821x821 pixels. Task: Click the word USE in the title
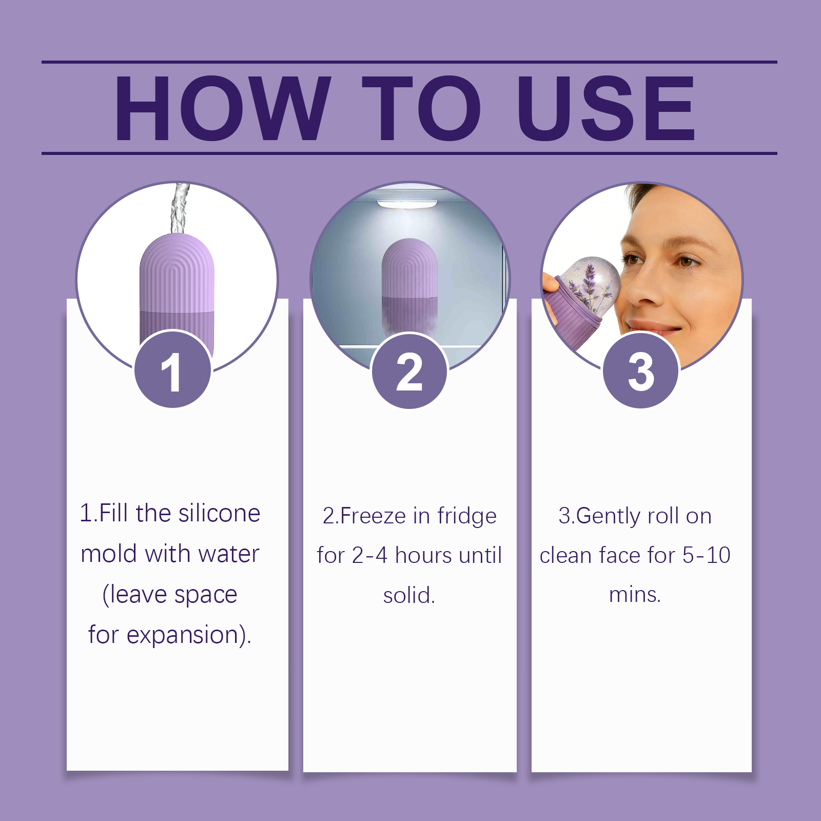(606, 108)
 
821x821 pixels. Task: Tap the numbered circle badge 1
(173, 369)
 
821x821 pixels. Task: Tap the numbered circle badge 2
(409, 370)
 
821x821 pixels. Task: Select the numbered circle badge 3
(641, 370)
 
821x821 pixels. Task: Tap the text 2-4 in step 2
(369, 555)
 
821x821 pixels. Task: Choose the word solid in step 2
(406, 595)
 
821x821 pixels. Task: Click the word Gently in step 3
(609, 516)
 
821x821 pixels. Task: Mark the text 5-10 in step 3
(706, 555)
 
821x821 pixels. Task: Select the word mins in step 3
(632, 595)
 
